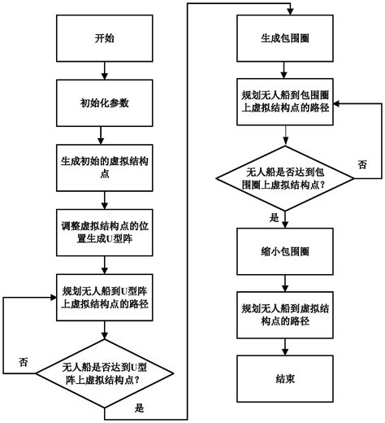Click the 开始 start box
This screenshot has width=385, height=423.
[105, 38]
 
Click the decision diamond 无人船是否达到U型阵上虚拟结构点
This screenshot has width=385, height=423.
[105, 371]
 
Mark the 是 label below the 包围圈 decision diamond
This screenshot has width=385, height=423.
[274, 217]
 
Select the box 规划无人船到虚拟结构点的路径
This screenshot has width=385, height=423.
[282, 315]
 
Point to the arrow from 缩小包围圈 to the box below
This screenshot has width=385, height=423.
[282, 284]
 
